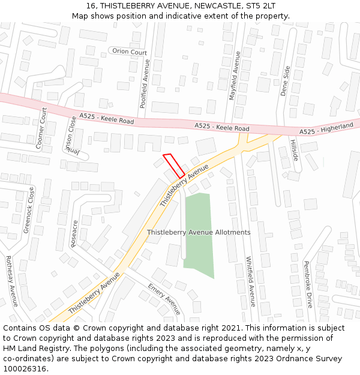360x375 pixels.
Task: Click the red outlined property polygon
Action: pyautogui.click(x=173, y=166)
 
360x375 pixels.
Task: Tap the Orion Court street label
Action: pyautogui.click(x=130, y=52)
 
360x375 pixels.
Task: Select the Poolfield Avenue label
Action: pyautogui.click(x=144, y=83)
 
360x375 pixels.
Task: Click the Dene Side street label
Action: pyautogui.click(x=286, y=81)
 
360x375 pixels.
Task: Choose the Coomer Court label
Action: pyautogui.click(x=42, y=128)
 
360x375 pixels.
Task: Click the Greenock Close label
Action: pyautogui.click(x=28, y=210)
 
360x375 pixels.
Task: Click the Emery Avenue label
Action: pyautogui.click(x=164, y=299)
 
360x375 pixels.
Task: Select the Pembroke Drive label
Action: pyautogui.click(x=308, y=284)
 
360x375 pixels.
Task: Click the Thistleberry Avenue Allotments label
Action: pyautogui.click(x=199, y=232)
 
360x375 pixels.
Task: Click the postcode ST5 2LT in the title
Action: pyautogui.click(x=262, y=5)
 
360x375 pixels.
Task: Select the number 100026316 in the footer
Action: pyautogui.click(x=25, y=368)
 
